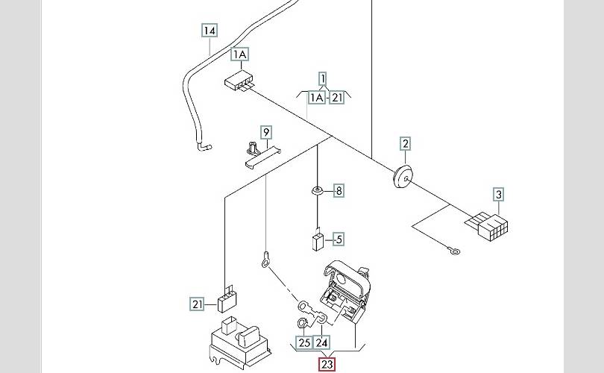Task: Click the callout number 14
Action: (210, 31)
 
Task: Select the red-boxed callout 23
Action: (327, 365)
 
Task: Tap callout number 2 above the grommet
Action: (405, 143)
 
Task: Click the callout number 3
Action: (499, 195)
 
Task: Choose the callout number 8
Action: (339, 191)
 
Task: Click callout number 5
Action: (339, 239)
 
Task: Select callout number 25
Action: (303, 343)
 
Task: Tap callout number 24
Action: (322, 343)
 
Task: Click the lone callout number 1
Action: (323, 78)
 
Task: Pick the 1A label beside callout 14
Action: (239, 54)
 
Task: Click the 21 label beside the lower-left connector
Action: (197, 304)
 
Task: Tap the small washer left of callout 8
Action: (318, 191)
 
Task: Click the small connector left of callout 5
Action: (318, 241)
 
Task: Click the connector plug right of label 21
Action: (225, 300)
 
